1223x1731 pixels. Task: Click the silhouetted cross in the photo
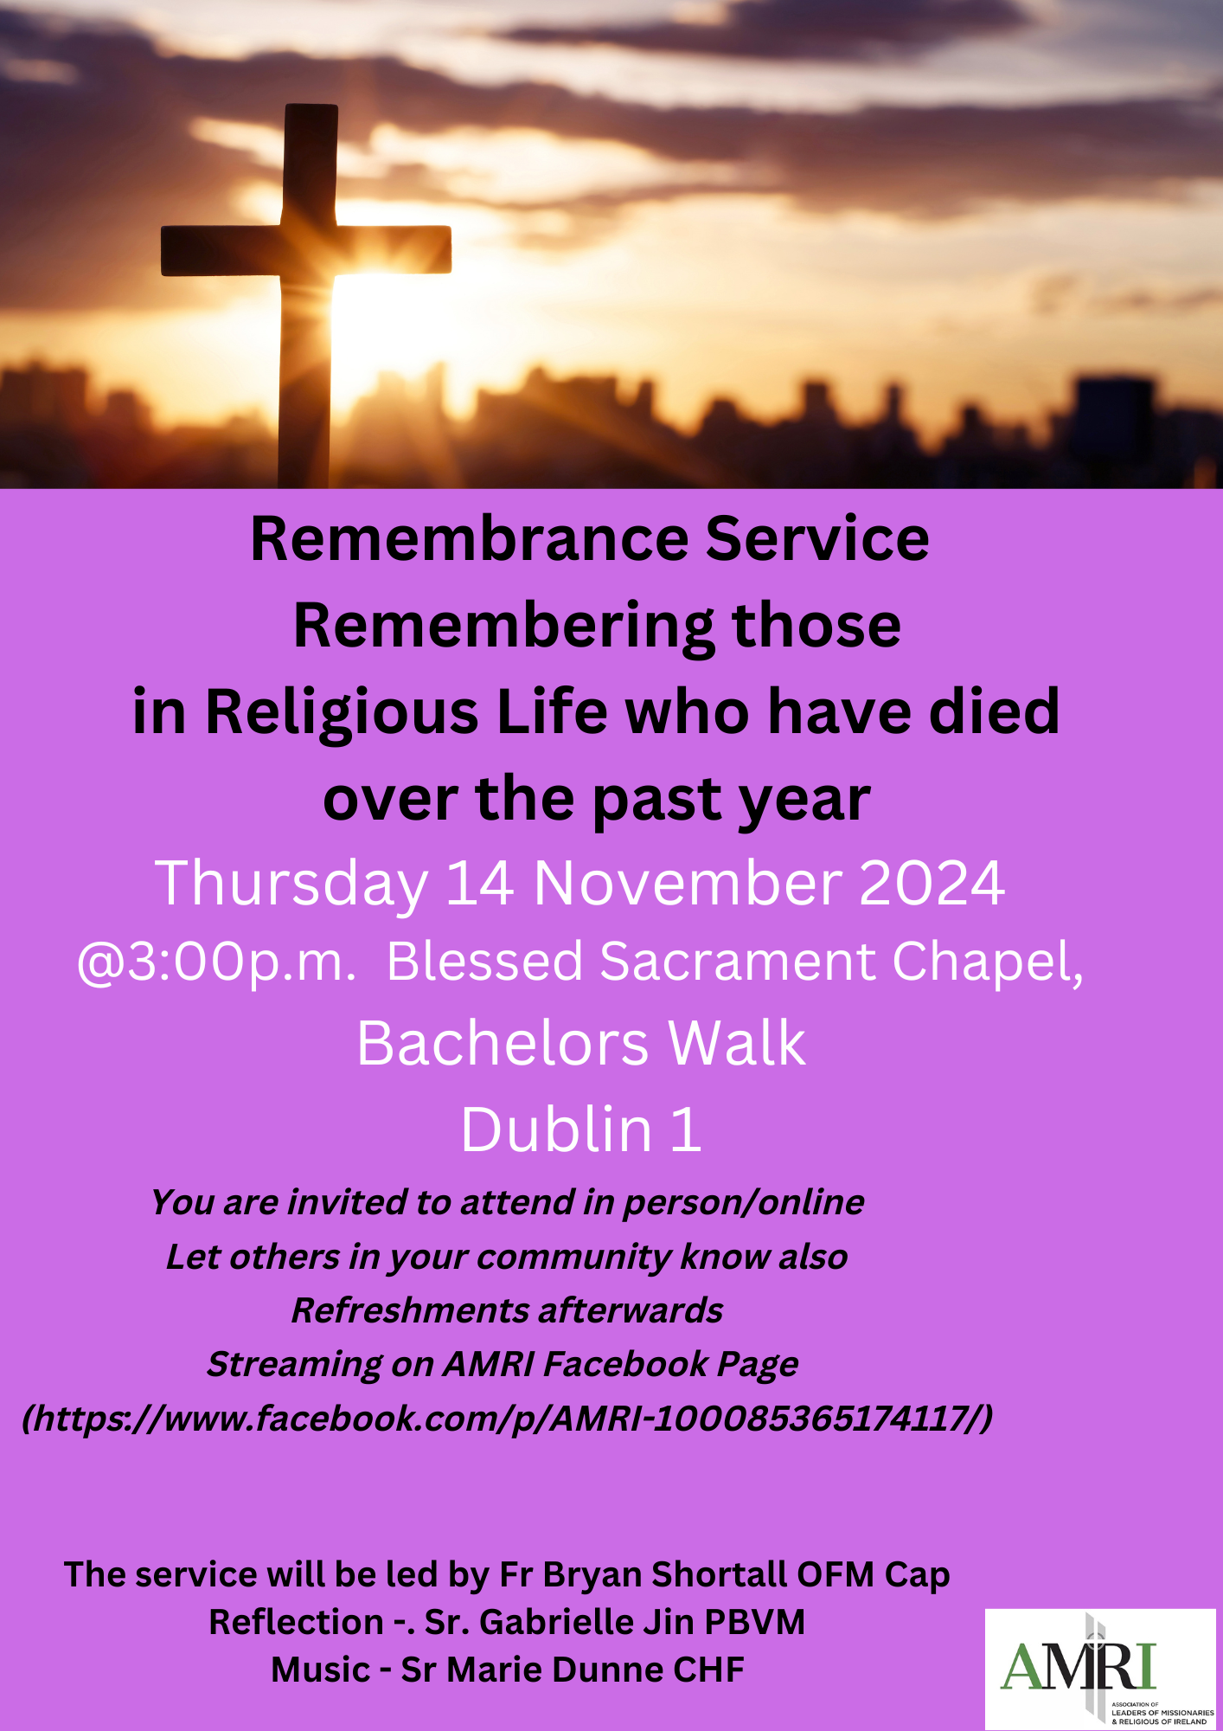[306, 294]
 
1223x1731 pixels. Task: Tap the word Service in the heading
[817, 539]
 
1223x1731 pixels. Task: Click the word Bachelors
[503, 1043]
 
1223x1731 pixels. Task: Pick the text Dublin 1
[580, 1129]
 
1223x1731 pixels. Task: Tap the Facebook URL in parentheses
[508, 1419]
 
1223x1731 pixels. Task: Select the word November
[688, 884]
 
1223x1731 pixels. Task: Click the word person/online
[743, 1203]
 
